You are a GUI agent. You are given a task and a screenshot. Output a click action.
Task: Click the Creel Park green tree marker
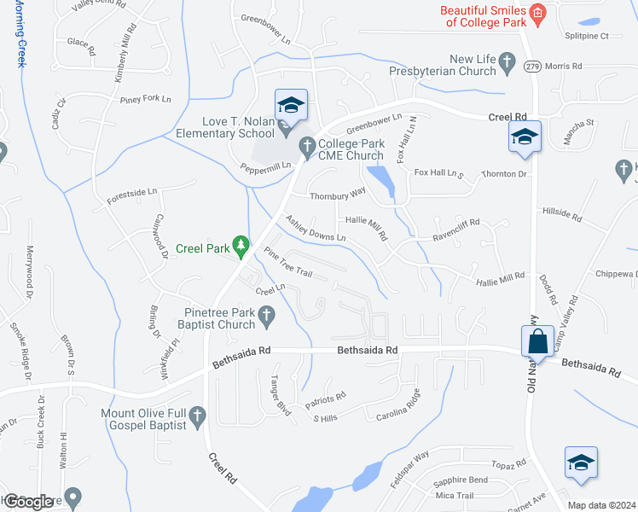pyautogui.click(x=241, y=247)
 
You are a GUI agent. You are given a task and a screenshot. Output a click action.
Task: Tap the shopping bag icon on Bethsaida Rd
pyautogui.click(x=539, y=341)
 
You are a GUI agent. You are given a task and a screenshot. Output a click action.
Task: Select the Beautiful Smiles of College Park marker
pyautogui.click(x=537, y=12)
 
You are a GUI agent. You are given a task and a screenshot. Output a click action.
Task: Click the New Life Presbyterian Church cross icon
pyautogui.click(x=508, y=61)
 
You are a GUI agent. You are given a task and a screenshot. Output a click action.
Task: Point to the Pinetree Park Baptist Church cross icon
pyautogui.click(x=266, y=317)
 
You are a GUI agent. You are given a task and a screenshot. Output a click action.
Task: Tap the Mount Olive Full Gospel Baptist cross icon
pyautogui.click(x=198, y=417)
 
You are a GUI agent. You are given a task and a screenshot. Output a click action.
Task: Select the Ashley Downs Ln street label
pyautogui.click(x=315, y=228)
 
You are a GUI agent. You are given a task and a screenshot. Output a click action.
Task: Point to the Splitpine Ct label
pyautogui.click(x=587, y=36)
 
